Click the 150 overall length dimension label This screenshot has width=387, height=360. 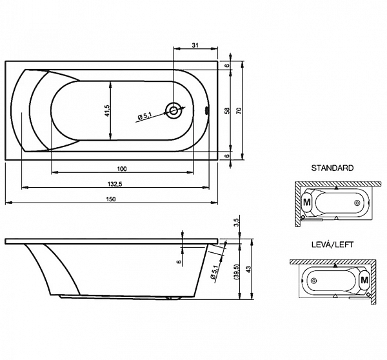pos(111,199)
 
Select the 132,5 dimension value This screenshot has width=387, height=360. pos(115,184)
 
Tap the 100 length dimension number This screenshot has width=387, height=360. pos(122,169)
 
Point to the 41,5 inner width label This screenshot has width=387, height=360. pos(107,110)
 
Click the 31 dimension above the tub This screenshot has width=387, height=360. pos(195,45)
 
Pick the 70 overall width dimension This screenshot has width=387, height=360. pos(239,110)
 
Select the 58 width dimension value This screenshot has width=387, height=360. pos(227,110)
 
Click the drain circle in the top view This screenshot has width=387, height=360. pos(174,110)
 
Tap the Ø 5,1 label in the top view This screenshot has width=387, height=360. pos(145,115)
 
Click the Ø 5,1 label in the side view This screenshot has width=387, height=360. pos(214,272)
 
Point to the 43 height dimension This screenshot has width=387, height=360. pos(248,269)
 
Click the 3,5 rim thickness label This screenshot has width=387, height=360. pos(236,223)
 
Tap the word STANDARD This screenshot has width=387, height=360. pos(332,168)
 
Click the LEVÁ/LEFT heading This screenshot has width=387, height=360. pos(332,245)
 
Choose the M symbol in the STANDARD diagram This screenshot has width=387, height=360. pos(307,202)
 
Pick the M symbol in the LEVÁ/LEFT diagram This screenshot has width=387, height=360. pos(364,280)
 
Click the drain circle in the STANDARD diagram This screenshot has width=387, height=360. pos(357,203)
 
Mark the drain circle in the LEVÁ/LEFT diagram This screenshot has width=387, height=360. pos(313,281)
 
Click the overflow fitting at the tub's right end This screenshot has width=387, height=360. pos(207,111)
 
